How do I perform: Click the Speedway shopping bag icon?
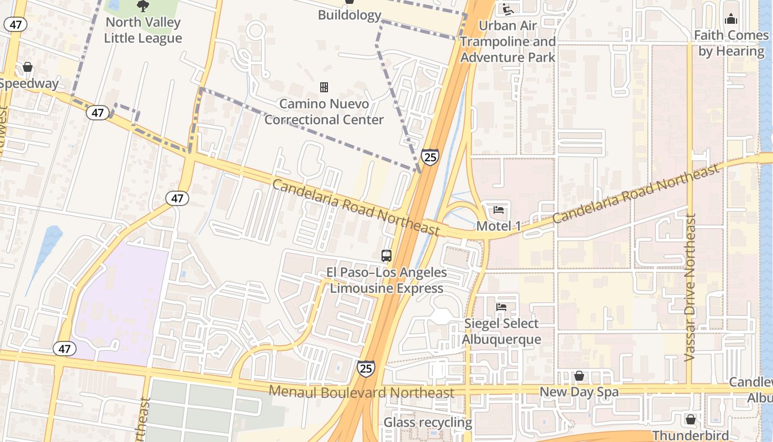coord(27,67)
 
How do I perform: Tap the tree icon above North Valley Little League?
coord(143,6)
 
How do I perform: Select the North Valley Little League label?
coord(143,30)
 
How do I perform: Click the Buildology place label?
coord(350,15)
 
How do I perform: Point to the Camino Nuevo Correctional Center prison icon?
coord(324,87)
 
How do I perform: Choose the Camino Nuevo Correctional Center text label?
coord(324,112)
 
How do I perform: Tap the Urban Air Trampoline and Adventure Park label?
coord(508,41)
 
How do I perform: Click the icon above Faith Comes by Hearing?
coord(732,19)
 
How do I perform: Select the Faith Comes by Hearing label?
coord(731,43)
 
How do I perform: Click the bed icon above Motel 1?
coord(499,210)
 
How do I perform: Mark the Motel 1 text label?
coord(499,226)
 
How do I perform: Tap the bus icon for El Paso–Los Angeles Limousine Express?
coord(386,255)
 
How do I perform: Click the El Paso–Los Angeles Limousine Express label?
coord(386,280)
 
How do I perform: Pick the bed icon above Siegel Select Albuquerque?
coord(501,307)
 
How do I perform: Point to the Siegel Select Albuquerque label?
coord(501,331)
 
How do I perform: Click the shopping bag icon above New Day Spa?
coord(579,376)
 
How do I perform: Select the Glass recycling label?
coord(428,423)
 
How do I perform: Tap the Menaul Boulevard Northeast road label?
coord(362,392)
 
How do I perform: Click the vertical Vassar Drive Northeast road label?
coord(690,287)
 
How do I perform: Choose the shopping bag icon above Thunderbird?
coord(691,419)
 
